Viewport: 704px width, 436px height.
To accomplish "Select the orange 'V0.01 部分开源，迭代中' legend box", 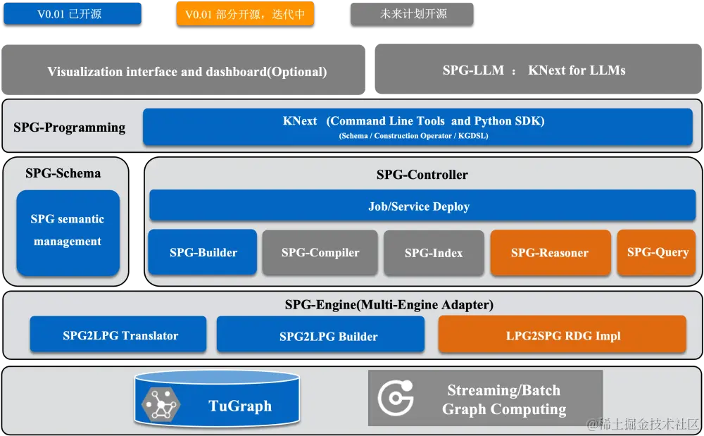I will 244,14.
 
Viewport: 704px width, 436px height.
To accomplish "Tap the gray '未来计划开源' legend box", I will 413,13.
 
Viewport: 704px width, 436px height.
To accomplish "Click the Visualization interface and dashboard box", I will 187,71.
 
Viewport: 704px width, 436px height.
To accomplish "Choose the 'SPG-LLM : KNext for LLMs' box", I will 534,70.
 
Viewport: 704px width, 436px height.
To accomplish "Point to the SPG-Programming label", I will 69,127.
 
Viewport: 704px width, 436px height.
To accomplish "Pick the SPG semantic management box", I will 68,231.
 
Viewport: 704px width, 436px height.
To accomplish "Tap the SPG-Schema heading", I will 63,173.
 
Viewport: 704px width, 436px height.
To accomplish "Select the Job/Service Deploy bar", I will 421,206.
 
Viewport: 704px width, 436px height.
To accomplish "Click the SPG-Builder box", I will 203,252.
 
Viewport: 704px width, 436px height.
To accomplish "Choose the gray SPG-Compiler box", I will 320,252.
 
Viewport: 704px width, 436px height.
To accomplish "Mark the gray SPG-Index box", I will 434,252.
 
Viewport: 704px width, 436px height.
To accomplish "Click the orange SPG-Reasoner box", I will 550,252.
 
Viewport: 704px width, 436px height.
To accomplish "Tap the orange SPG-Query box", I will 657,251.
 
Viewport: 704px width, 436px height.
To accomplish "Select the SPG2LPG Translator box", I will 118,335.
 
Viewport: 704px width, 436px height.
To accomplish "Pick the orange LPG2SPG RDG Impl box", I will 562,335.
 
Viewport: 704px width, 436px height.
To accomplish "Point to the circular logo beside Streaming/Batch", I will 396,399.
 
